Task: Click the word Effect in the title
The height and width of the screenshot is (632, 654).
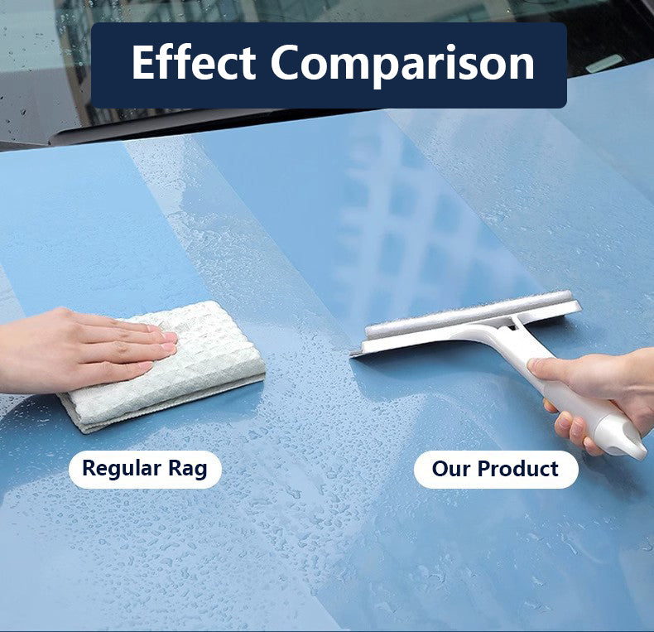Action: tap(194, 64)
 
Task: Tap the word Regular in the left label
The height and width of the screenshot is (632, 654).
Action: tap(119, 469)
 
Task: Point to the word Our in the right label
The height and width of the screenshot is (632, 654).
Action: tap(450, 469)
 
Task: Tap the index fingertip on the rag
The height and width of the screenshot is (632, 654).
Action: tap(169, 337)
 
